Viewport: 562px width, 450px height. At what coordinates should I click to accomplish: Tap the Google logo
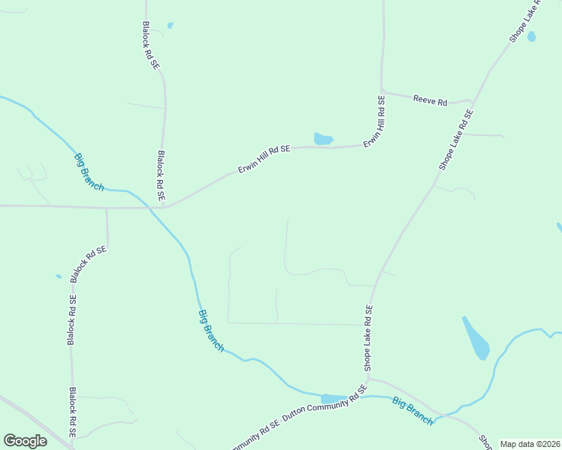pyautogui.click(x=25, y=441)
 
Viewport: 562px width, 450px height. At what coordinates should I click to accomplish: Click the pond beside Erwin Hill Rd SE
pyautogui.click(x=322, y=139)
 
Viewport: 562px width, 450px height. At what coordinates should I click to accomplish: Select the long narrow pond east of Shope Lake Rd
pyautogui.click(x=476, y=338)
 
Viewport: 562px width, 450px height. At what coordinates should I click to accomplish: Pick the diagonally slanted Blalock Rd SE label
pyautogui.click(x=89, y=263)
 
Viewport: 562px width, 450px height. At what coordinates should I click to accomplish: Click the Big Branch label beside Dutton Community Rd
pyautogui.click(x=412, y=411)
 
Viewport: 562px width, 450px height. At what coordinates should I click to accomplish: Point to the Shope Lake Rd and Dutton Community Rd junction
pyautogui.click(x=368, y=378)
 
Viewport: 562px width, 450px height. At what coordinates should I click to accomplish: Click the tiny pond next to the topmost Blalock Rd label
pyautogui.click(x=171, y=25)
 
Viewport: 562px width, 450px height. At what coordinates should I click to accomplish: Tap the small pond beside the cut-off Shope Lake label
pyautogui.click(x=532, y=36)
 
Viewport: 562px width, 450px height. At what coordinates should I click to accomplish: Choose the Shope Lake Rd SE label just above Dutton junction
pyautogui.click(x=368, y=338)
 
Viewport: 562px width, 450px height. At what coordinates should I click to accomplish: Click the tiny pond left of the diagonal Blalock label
pyautogui.click(x=59, y=277)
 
